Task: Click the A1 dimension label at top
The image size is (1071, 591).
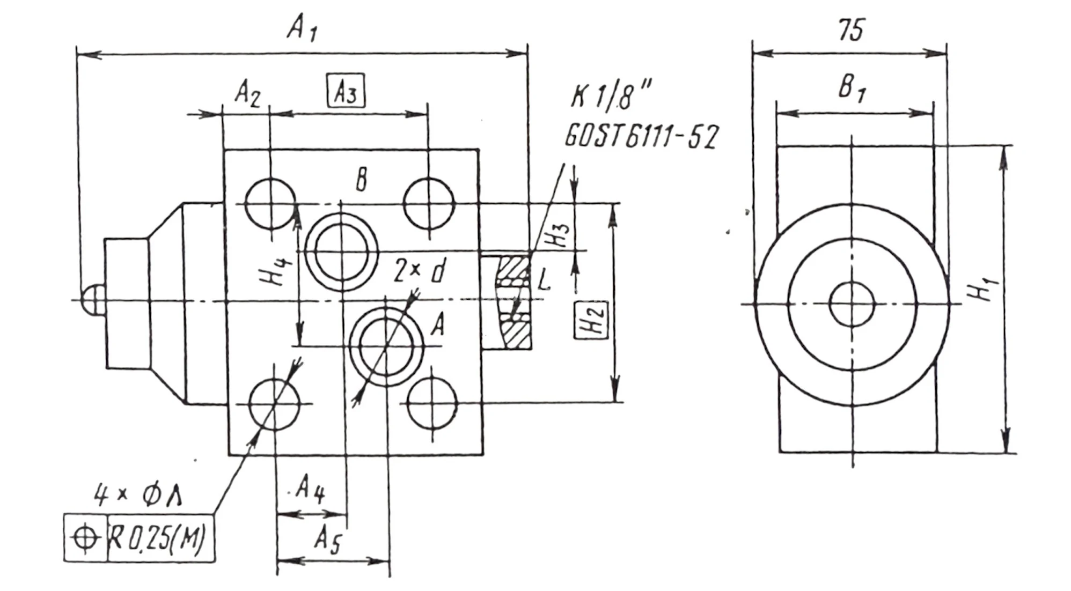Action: pyautogui.click(x=302, y=28)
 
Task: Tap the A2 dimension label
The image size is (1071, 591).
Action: pyautogui.click(x=247, y=94)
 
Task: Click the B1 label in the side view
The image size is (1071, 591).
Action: pyautogui.click(x=852, y=88)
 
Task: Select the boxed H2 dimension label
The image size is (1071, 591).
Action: pyautogui.click(x=591, y=320)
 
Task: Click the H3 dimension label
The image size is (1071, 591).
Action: pyautogui.click(x=559, y=234)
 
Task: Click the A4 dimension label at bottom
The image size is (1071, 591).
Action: pyautogui.click(x=310, y=489)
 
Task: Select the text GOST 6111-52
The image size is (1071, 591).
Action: pyautogui.click(x=641, y=137)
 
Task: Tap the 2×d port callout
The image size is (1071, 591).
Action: pyautogui.click(x=419, y=270)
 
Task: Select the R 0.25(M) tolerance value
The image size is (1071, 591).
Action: pyautogui.click(x=157, y=538)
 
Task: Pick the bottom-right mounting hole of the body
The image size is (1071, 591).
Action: pyautogui.click(x=432, y=403)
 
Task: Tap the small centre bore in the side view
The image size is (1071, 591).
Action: pyautogui.click(x=852, y=304)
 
